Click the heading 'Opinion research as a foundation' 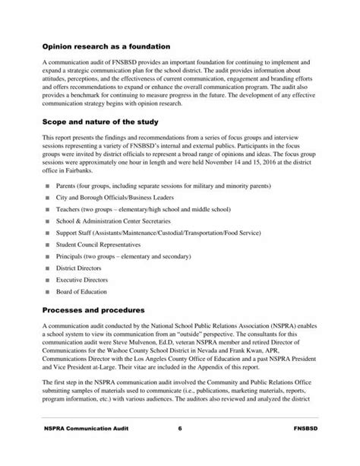111,46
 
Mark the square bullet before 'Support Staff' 48,233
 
